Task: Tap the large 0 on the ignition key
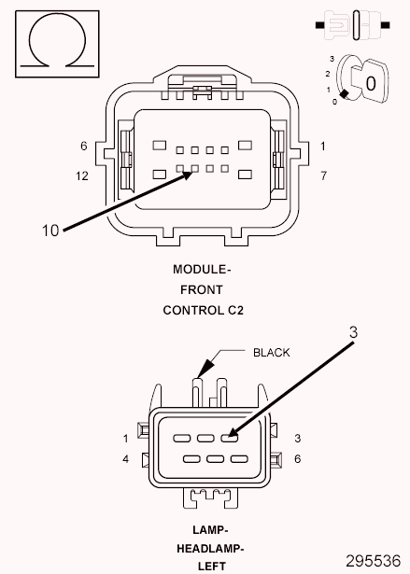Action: [371, 83]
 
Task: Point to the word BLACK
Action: [272, 352]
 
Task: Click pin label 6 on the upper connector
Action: [83, 147]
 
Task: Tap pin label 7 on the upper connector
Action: [322, 175]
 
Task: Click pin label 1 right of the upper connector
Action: [322, 147]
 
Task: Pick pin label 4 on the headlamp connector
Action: [124, 458]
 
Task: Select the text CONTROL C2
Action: [203, 310]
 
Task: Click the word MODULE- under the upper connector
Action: [203, 269]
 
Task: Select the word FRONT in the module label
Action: [203, 289]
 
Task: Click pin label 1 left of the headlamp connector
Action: [124, 438]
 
